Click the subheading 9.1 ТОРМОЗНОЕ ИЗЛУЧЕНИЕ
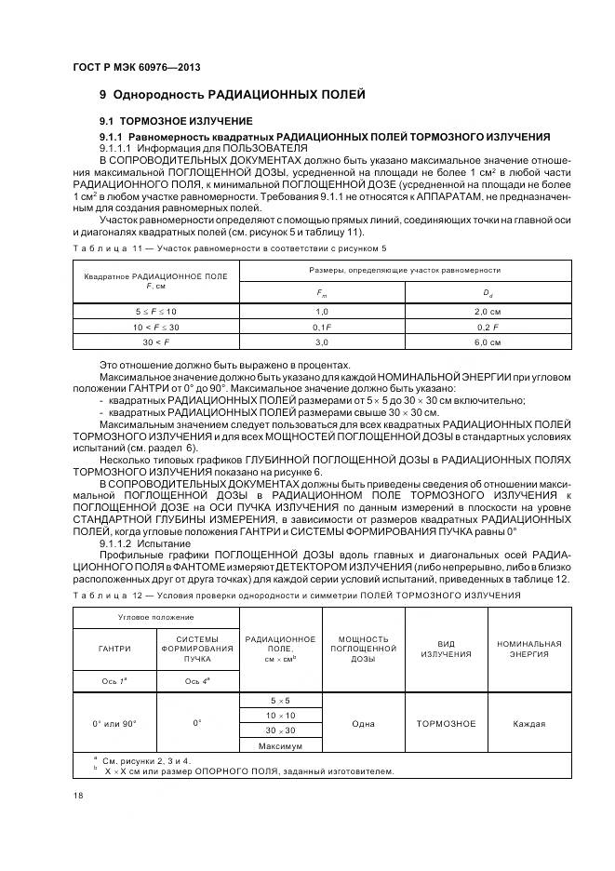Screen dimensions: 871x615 pyautogui.click(x=175, y=122)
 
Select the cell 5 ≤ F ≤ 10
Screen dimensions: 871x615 pyautogui.click(x=155, y=310)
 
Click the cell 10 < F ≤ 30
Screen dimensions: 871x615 pyautogui.click(x=155, y=326)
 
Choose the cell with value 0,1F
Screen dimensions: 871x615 pyautogui.click(x=322, y=326)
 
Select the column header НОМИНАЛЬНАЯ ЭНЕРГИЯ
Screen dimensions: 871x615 pyautogui.click(x=528, y=648)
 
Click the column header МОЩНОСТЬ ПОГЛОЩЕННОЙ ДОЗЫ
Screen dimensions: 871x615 pyautogui.click(x=363, y=648)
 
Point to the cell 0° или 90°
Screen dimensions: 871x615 pyautogui.click(x=114, y=722)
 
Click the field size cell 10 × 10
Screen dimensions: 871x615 pyautogui.click(x=280, y=715)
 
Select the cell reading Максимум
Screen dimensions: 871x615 pyautogui.click(x=280, y=746)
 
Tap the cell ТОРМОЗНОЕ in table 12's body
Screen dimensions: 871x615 pyautogui.click(x=446, y=723)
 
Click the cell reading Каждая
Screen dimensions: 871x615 pyautogui.click(x=528, y=723)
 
